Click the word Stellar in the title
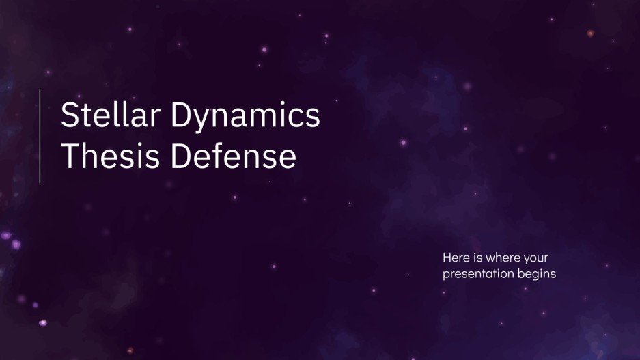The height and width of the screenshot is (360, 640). (x=104, y=115)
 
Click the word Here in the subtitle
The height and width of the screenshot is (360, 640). (x=454, y=258)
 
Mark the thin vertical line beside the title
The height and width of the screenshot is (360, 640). (x=40, y=135)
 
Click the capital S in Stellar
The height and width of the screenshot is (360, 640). (x=69, y=115)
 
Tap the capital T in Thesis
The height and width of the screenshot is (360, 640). (x=70, y=157)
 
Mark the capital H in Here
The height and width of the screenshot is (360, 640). (x=447, y=258)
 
